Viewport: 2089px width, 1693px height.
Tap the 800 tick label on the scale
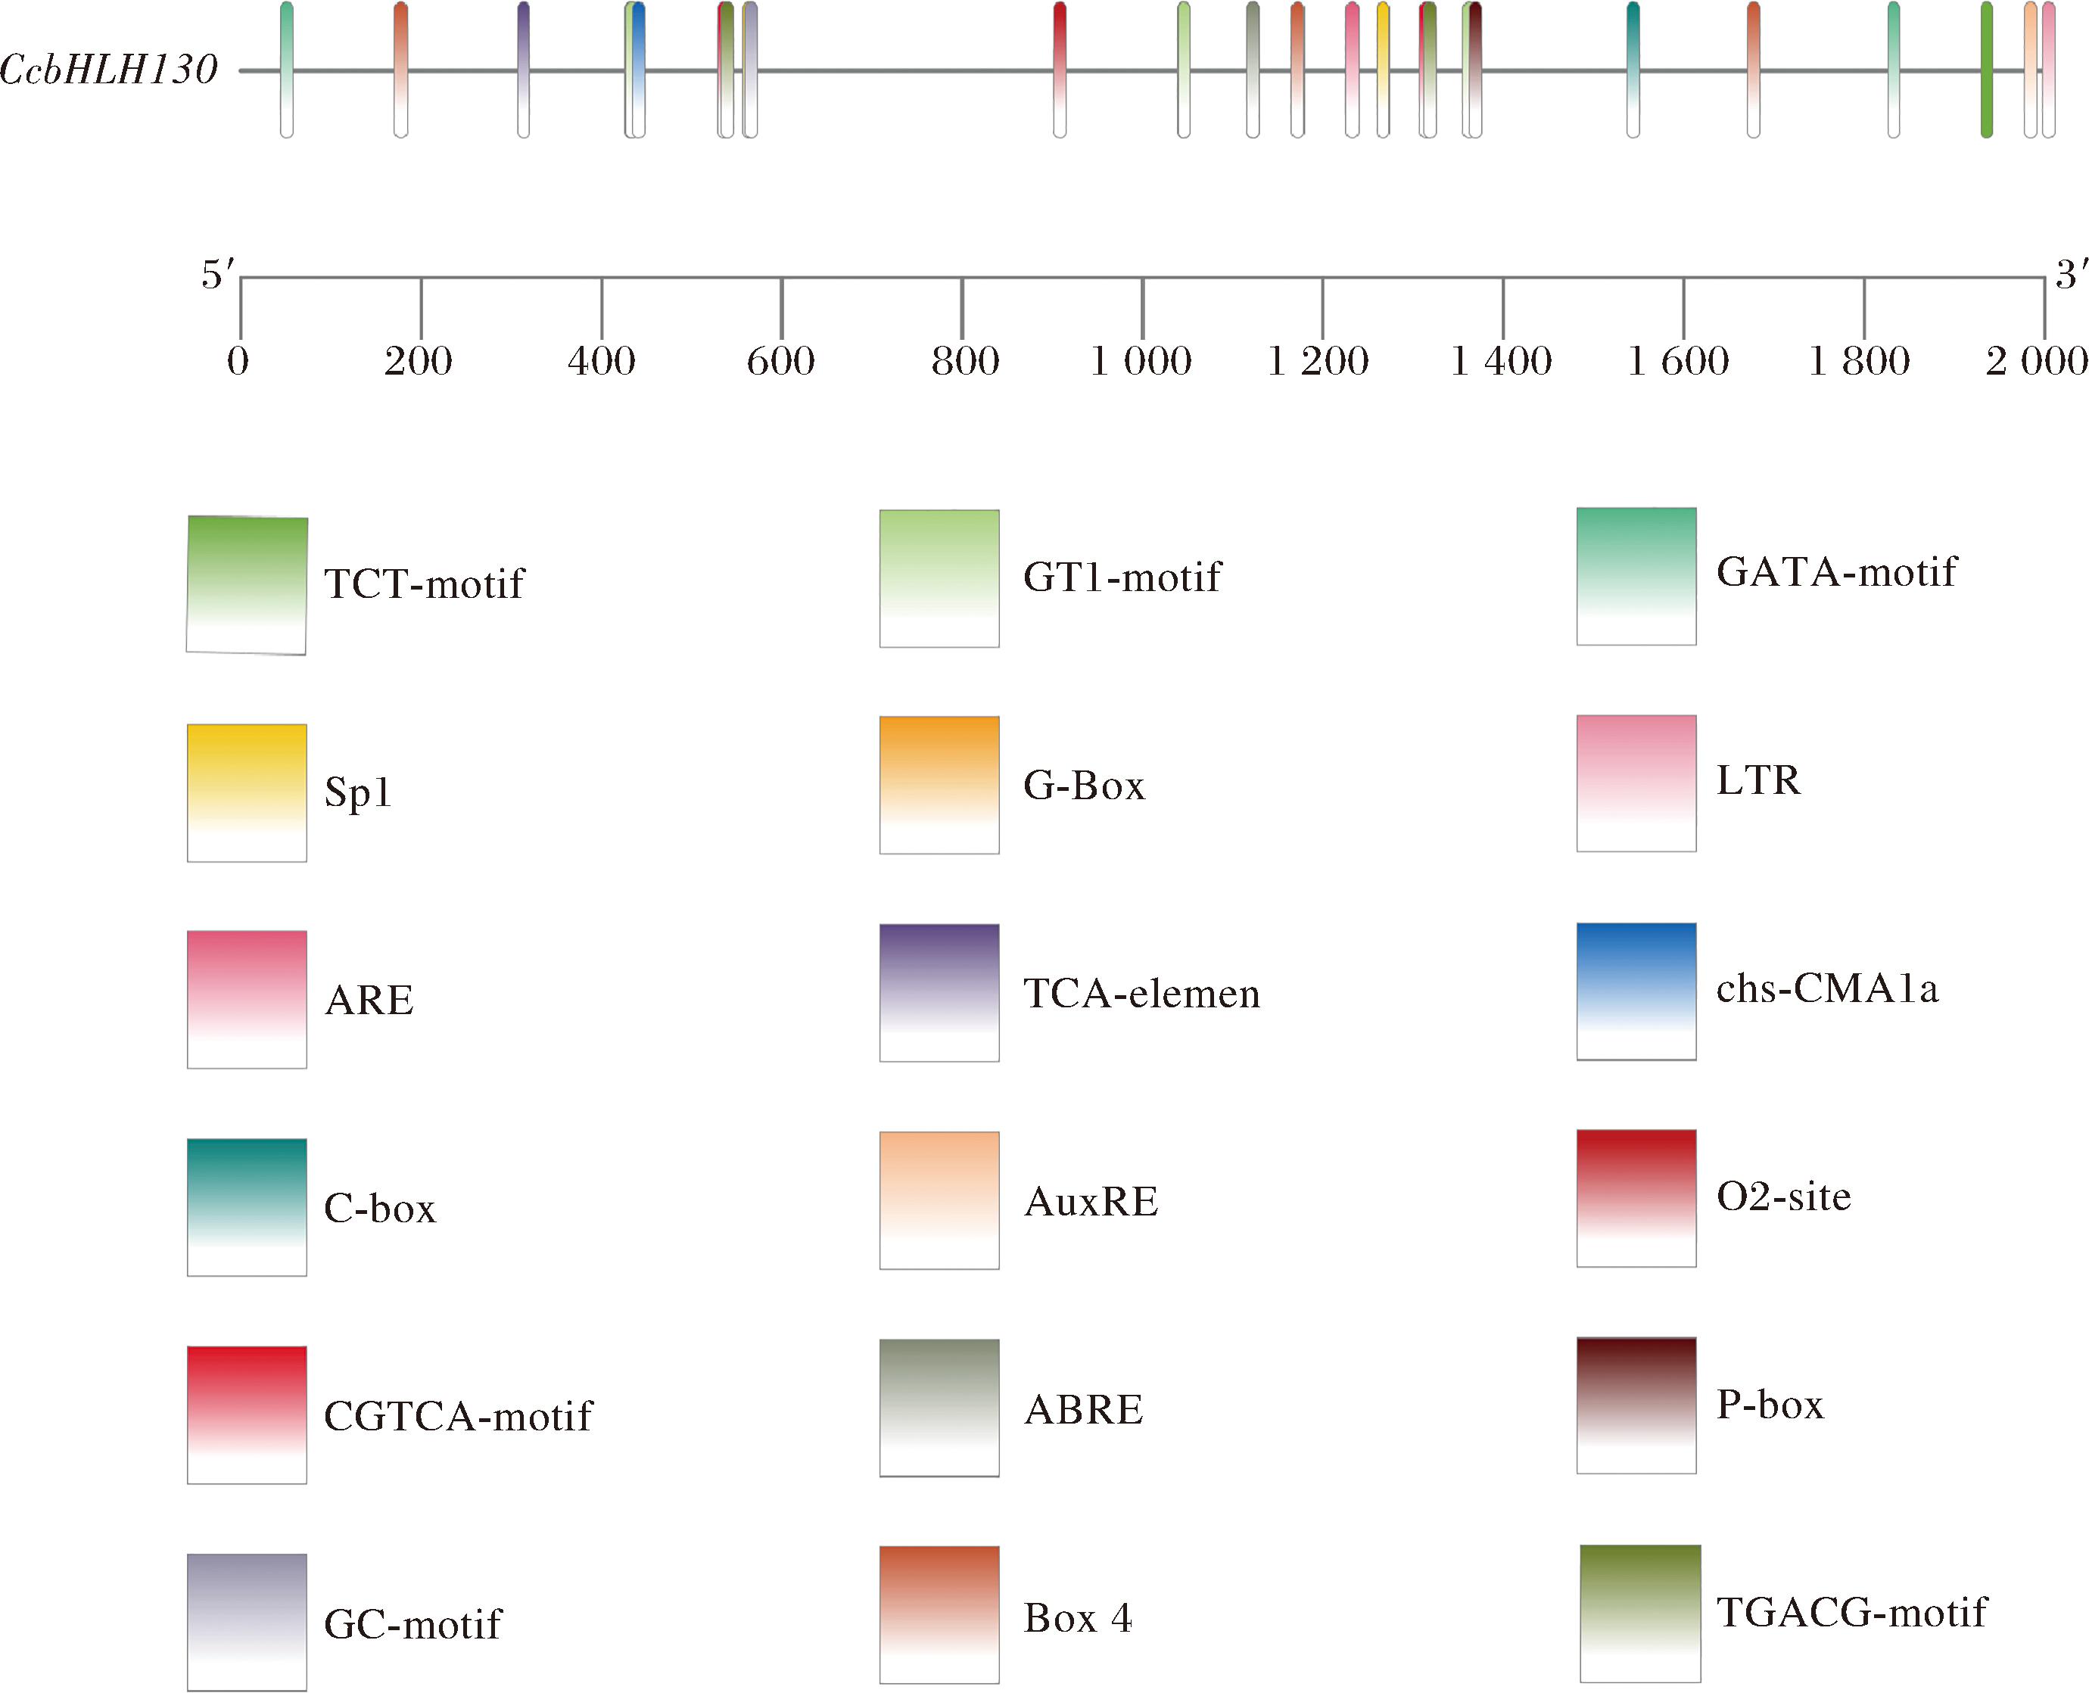964,362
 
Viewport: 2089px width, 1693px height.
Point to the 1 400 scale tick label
1501,362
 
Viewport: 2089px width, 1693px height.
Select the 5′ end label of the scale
216,275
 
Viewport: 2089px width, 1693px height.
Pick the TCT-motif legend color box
247,585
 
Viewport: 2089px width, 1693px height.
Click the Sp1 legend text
358,792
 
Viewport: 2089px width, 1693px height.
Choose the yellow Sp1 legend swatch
247,793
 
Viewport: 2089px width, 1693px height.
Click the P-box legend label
1769,1405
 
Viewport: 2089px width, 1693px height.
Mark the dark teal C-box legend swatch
247,1207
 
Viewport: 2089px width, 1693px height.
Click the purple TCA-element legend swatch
939,993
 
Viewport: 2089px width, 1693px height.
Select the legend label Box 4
1078,1619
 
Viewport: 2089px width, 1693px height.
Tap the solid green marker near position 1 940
1985,70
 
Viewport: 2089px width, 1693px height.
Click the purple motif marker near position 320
524,70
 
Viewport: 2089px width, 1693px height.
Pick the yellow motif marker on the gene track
1383,70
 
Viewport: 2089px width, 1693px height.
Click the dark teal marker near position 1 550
1633,70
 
